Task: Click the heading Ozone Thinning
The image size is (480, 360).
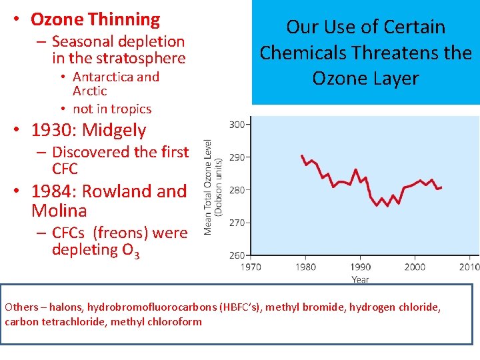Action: coord(95,20)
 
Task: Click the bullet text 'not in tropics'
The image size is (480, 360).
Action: coord(112,109)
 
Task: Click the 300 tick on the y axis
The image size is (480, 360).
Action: coord(237,124)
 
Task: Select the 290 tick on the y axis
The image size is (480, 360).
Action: coord(237,157)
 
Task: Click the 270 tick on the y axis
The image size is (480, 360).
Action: coord(237,222)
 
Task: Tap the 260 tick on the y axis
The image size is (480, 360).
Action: coord(237,255)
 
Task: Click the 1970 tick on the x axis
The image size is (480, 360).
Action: coord(251,267)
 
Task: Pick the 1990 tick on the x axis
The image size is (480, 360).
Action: coord(360,267)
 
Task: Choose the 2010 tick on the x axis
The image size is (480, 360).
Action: coord(469,267)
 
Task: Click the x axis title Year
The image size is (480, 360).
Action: coord(360,279)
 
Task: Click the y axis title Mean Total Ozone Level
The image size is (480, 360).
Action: coord(208,187)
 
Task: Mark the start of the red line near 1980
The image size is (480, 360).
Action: coord(302,155)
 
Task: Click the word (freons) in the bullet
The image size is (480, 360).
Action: coord(121,232)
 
